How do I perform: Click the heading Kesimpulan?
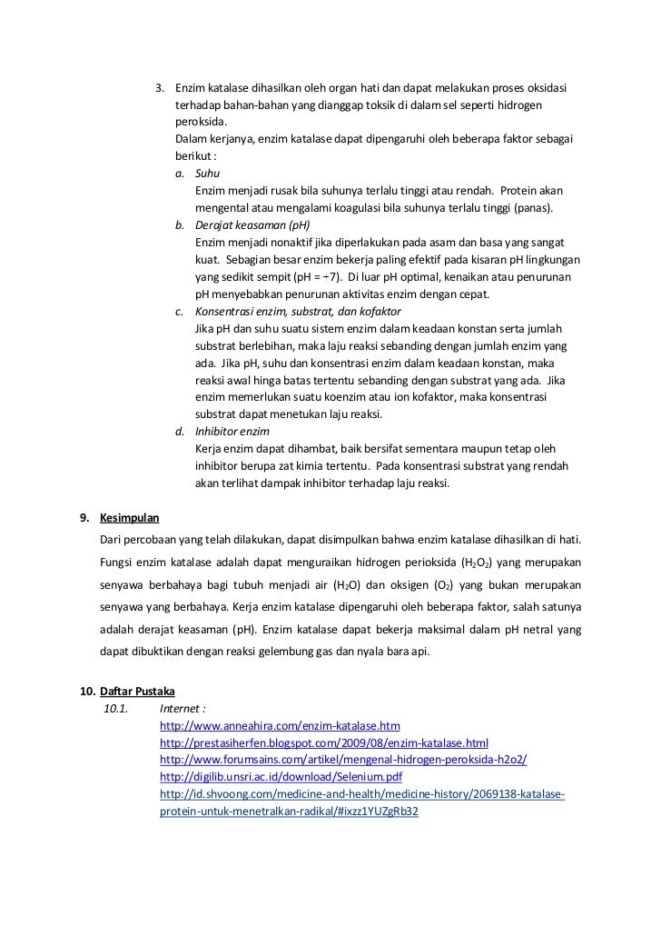pyautogui.click(x=130, y=518)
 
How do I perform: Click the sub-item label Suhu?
pyautogui.click(x=207, y=173)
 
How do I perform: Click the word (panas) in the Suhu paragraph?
pyautogui.click(x=536, y=208)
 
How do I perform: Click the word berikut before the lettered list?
pyautogui.click(x=193, y=155)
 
